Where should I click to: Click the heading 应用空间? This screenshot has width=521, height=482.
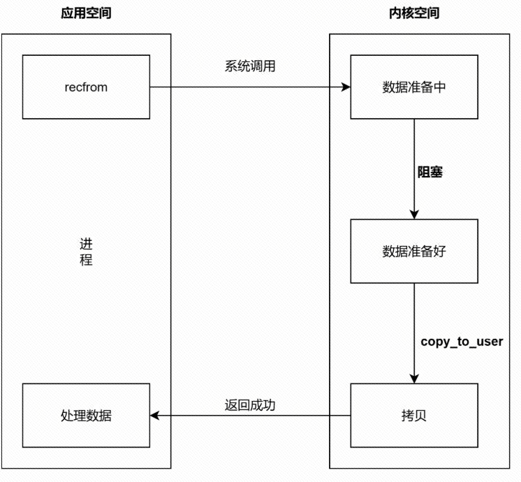tap(86, 13)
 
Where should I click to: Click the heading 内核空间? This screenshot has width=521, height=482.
tap(414, 13)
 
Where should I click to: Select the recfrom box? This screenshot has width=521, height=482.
tap(86, 87)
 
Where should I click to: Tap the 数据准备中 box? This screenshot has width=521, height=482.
tap(414, 87)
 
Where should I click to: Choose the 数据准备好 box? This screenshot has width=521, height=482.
tap(414, 251)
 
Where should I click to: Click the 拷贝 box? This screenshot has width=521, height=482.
tap(414, 416)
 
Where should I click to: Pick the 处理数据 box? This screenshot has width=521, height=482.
tap(86, 416)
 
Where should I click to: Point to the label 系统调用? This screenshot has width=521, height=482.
tap(247, 66)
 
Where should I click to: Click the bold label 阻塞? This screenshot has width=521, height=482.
tap(430, 172)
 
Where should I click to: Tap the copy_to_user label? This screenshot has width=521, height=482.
tap(462, 342)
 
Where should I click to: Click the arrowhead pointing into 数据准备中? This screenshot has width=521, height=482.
tap(345, 87)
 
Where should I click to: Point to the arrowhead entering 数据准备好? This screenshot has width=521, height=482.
tap(414, 214)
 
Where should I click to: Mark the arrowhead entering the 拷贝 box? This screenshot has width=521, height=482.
tap(414, 379)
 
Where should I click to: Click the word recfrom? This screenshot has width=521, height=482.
tap(86, 87)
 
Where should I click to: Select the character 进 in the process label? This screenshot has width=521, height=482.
tap(86, 244)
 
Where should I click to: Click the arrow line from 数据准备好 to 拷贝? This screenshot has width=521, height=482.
tap(414, 328)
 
